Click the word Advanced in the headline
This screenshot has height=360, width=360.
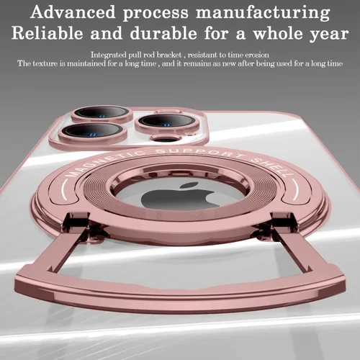click(73, 12)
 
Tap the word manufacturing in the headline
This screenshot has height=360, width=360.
click(263, 13)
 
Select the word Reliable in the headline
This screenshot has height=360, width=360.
click(48, 33)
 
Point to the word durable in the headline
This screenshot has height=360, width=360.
click(163, 33)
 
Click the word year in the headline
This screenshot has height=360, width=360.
click(329, 35)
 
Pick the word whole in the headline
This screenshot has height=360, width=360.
click(278, 33)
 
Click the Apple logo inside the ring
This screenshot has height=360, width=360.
click(180, 196)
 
